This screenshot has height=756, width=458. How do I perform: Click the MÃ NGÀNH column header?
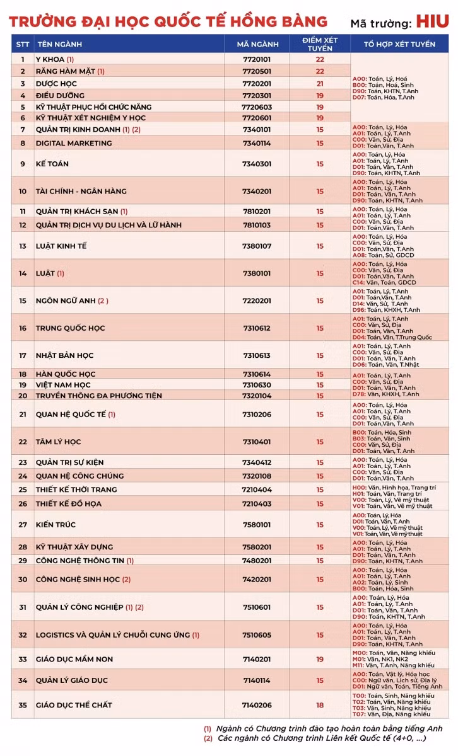(257, 44)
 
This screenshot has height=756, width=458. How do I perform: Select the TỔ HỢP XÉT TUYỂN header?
(399, 44)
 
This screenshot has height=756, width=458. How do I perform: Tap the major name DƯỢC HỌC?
(56, 83)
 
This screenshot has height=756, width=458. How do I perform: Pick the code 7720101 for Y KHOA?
(257, 59)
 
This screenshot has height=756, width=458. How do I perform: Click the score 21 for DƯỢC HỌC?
(320, 83)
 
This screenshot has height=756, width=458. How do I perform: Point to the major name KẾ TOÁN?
(52, 164)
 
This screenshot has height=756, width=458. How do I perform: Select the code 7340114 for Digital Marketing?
(257, 143)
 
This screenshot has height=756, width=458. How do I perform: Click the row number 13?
(23, 246)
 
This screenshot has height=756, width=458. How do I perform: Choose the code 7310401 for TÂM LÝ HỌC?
(257, 442)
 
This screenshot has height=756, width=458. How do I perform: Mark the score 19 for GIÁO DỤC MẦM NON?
(320, 659)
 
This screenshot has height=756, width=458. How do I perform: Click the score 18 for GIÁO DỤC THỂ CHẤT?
(320, 705)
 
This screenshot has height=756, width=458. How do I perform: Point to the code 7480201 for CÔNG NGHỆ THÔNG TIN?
(257, 560)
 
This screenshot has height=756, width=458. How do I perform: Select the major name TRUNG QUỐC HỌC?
(70, 328)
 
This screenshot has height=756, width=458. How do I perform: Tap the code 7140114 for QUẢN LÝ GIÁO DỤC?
(257, 680)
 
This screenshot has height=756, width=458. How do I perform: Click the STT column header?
(23, 44)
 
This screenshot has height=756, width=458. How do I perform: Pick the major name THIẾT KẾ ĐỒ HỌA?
(68, 503)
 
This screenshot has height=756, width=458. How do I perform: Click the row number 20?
(23, 396)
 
